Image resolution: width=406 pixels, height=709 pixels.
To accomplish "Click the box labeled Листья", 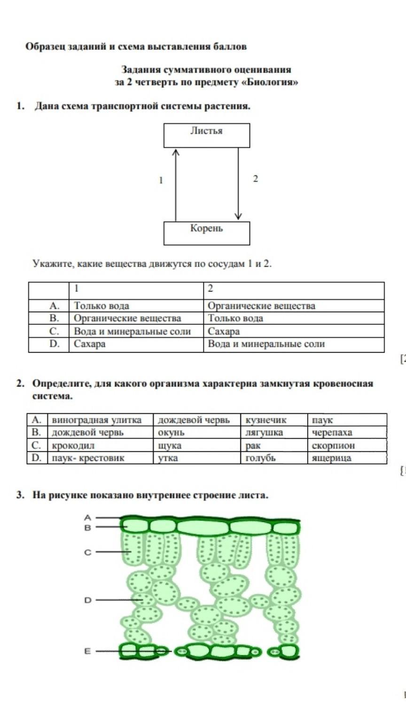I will click(207, 135).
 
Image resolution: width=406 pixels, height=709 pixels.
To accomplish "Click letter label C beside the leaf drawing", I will click(88, 552).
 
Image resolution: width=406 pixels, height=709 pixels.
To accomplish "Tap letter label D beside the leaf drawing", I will click(88, 600).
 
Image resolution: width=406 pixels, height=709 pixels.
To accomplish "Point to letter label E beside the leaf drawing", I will click(87, 651).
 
